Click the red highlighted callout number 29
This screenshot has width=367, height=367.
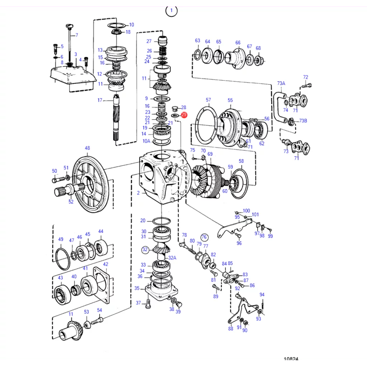(184, 115)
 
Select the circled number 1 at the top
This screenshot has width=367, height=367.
(171, 11)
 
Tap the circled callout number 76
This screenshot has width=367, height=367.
(204, 237)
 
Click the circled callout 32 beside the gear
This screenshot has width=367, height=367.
(145, 249)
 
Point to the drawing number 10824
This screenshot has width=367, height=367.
(291, 359)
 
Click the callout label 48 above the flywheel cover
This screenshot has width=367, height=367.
(87, 148)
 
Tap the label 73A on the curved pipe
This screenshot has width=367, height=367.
(281, 83)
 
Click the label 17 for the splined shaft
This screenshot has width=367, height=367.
(100, 100)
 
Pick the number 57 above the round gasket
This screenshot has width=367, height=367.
(208, 100)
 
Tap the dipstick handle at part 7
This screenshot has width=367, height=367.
(69, 26)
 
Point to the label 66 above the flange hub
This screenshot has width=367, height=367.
(238, 43)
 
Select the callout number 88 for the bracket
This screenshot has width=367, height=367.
(230, 328)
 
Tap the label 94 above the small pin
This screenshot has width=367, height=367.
(262, 295)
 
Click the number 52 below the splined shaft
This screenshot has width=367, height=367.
(71, 202)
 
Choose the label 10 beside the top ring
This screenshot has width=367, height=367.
(132, 25)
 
